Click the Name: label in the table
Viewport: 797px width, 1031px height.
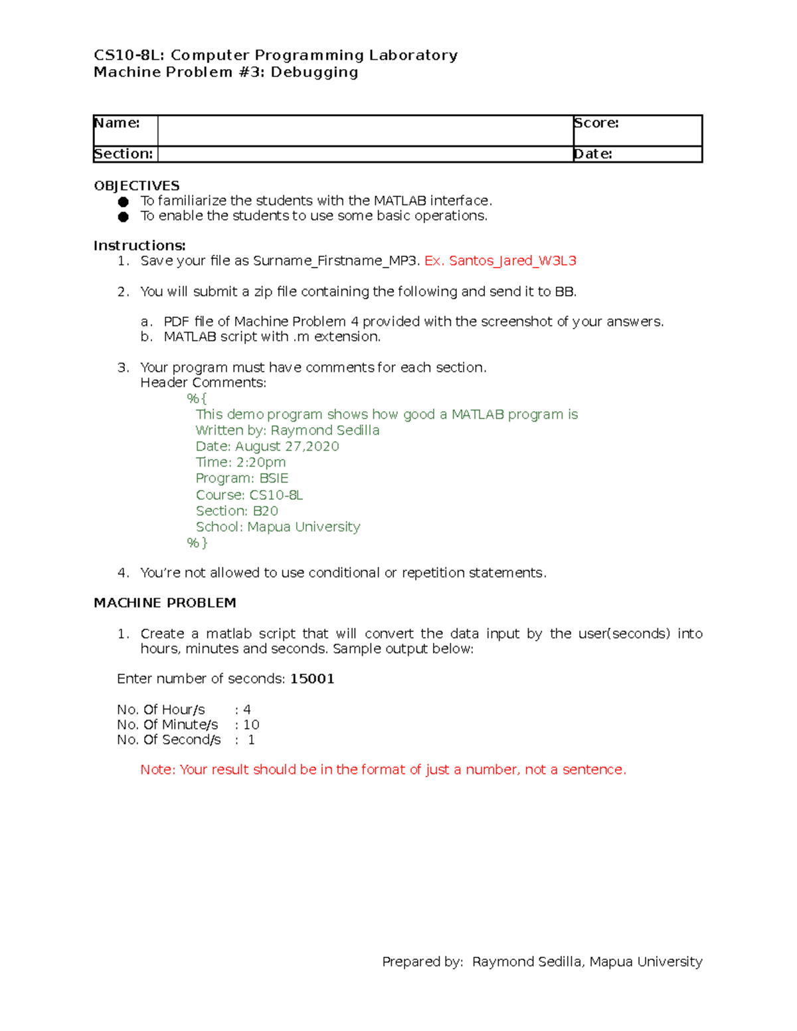point(117,123)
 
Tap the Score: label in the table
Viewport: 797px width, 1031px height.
point(596,123)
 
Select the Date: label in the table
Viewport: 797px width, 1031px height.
point(592,154)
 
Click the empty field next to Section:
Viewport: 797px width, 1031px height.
point(365,154)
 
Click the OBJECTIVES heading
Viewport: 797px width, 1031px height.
point(137,186)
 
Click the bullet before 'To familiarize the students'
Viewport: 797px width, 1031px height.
point(124,201)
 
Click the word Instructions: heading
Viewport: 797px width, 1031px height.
point(139,246)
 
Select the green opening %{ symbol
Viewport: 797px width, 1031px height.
point(197,398)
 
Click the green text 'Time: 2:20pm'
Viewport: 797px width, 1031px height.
point(240,462)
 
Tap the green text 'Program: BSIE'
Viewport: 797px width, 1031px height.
point(242,478)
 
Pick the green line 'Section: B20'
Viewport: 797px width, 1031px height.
point(236,511)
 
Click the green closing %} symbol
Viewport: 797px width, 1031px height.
point(197,542)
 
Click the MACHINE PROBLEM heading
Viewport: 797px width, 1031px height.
point(165,603)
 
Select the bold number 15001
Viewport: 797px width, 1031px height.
point(312,678)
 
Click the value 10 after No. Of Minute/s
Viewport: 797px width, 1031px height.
point(251,724)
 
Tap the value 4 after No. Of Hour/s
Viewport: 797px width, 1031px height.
point(247,710)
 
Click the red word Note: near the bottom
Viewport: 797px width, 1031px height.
point(157,769)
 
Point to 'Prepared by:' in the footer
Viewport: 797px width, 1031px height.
point(422,961)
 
